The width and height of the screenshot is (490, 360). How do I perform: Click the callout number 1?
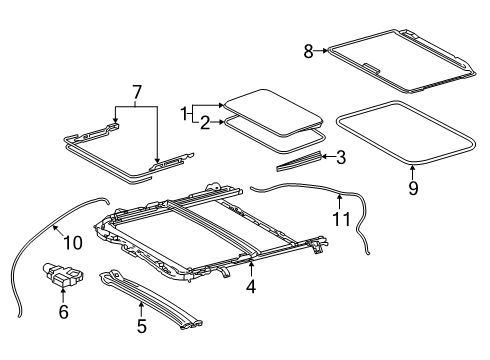point(185,114)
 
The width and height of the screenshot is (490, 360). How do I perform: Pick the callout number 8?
point(309,49)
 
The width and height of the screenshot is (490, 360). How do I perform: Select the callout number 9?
point(413,186)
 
